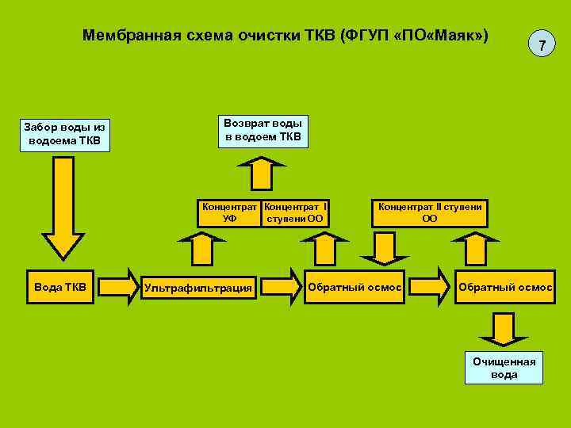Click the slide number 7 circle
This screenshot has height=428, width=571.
pos(541,46)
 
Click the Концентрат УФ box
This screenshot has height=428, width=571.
pos(230,212)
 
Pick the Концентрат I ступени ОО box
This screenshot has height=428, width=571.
pos(295,212)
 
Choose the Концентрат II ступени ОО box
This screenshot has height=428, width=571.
pos(430,212)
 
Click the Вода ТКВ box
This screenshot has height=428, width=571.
pos(62,286)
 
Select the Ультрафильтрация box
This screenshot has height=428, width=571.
pos(198,287)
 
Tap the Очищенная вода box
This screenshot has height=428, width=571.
pos(504,368)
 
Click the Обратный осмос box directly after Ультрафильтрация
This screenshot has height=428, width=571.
pos(354,286)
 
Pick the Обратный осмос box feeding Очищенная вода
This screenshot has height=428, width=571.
pos(505,286)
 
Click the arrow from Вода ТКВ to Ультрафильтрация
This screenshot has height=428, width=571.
pos(119,286)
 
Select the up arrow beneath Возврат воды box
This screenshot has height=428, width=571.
pos(263,172)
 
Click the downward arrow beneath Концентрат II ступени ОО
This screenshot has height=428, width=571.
pos(385,246)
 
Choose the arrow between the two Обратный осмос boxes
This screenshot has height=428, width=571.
pos(429,286)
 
